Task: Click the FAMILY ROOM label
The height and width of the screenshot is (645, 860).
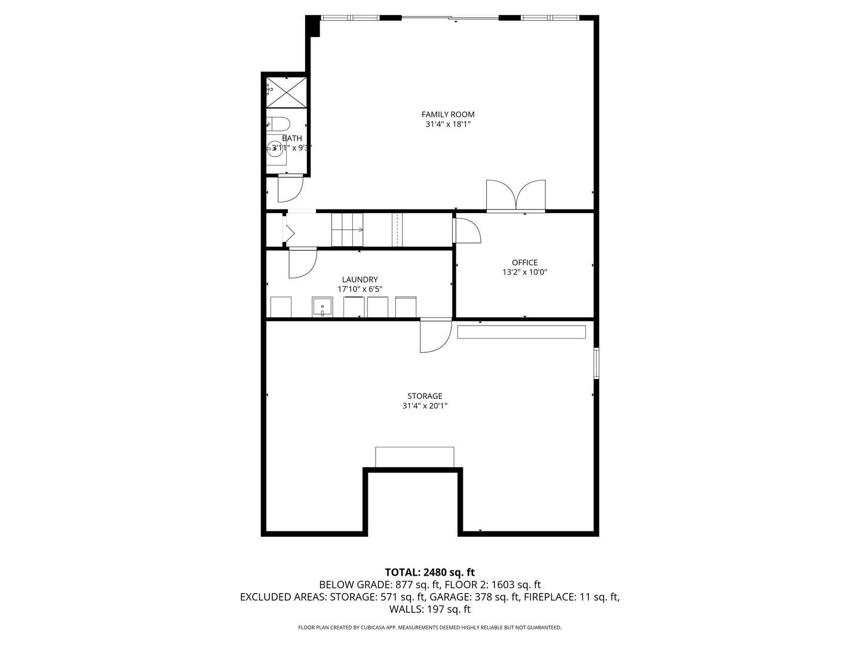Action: pyautogui.click(x=448, y=114)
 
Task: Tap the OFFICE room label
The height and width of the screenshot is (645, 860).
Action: pyautogui.click(x=524, y=262)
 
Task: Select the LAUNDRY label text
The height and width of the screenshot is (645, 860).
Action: pyautogui.click(x=360, y=279)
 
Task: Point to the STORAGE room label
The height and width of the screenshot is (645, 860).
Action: pyautogui.click(x=425, y=396)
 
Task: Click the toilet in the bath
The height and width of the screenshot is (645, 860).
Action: pyautogui.click(x=278, y=124)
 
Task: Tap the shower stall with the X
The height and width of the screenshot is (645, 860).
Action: pyautogui.click(x=287, y=93)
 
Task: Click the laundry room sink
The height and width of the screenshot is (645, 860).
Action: pyautogui.click(x=322, y=307)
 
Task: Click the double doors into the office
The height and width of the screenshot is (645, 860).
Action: pyautogui.click(x=515, y=196)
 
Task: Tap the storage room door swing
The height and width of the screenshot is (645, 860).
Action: pyautogui.click(x=436, y=337)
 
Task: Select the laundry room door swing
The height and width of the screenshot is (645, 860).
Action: pyautogui.click(x=302, y=263)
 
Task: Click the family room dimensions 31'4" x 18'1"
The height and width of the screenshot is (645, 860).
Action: pyautogui.click(x=448, y=125)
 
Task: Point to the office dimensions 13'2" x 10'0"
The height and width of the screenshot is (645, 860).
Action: pyautogui.click(x=524, y=272)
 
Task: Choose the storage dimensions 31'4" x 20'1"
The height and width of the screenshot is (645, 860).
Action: pyautogui.click(x=425, y=406)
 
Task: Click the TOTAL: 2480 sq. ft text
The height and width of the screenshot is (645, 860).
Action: pyautogui.click(x=430, y=573)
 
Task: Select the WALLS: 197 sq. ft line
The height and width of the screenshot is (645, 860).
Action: pyautogui.click(x=430, y=609)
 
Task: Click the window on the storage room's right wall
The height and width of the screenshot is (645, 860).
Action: pyautogui.click(x=596, y=363)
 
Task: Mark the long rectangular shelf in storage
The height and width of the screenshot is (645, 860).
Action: pyautogui.click(x=521, y=331)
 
